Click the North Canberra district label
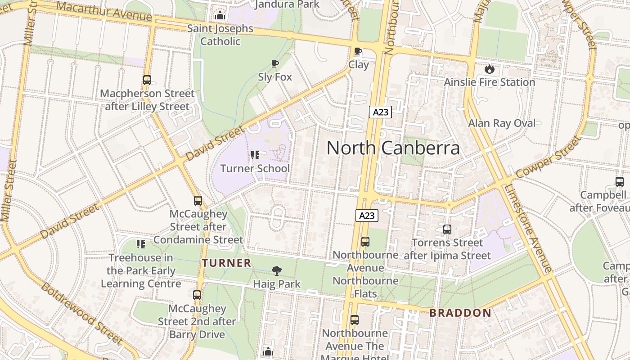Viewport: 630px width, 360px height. [393, 148]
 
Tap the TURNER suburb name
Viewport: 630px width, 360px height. [226, 263]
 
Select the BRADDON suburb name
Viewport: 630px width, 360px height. [460, 313]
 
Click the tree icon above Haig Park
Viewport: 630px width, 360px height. [277, 270]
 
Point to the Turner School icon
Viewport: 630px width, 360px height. [255, 156]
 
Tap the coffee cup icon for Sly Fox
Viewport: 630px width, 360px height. [274, 64]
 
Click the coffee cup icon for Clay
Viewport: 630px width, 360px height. [358, 51]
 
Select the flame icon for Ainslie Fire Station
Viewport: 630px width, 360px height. [489, 69]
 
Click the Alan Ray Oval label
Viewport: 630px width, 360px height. [502, 123]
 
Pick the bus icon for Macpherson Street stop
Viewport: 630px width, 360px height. [147, 80]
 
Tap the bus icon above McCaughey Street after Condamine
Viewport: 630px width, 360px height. [198, 201]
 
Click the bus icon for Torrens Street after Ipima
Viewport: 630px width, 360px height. [447, 229]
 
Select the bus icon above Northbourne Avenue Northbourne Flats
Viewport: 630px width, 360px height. [365, 242]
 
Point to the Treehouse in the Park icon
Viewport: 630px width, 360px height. [141, 244]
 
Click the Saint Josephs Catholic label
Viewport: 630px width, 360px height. [220, 35]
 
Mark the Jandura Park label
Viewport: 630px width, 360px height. [287, 4]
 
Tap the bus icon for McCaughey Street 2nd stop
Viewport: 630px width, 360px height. [197, 295]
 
